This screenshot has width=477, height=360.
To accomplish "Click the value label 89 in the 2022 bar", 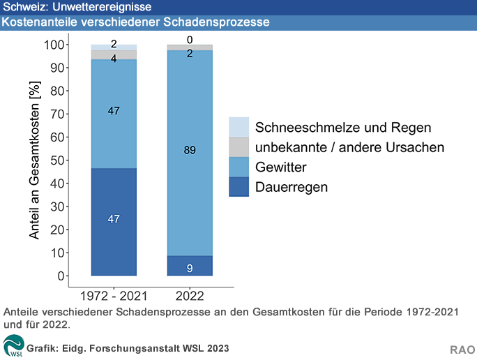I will click(x=190, y=150).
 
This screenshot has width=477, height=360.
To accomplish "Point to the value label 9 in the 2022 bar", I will click(x=190, y=269).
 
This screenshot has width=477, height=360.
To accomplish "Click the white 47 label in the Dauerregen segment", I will click(x=114, y=219).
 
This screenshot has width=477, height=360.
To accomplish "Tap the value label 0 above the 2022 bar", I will click(x=190, y=40).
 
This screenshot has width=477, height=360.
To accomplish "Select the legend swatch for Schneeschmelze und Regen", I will click(x=239, y=127).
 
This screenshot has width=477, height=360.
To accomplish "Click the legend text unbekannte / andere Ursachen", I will click(x=349, y=147).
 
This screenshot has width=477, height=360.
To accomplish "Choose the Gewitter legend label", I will click(x=281, y=167).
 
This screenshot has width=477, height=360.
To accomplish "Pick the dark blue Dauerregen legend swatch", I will click(x=239, y=187).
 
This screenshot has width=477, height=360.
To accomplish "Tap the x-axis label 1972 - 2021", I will click(x=114, y=293).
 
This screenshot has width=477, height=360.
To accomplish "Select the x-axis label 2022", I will click(x=190, y=293).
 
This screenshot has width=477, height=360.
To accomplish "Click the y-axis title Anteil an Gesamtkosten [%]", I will click(x=36, y=160).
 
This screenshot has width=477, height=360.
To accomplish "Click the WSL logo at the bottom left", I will click(x=13, y=346).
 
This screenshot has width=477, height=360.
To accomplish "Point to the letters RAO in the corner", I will click(x=462, y=348).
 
